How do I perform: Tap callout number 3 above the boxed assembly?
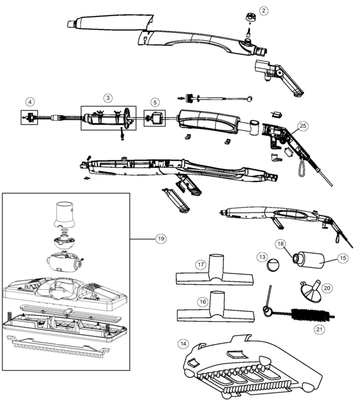[108, 97]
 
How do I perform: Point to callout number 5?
[155, 102]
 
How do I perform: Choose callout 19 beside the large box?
[160, 238]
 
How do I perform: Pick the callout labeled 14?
[183, 344]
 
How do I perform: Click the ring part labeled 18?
[297, 258]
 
